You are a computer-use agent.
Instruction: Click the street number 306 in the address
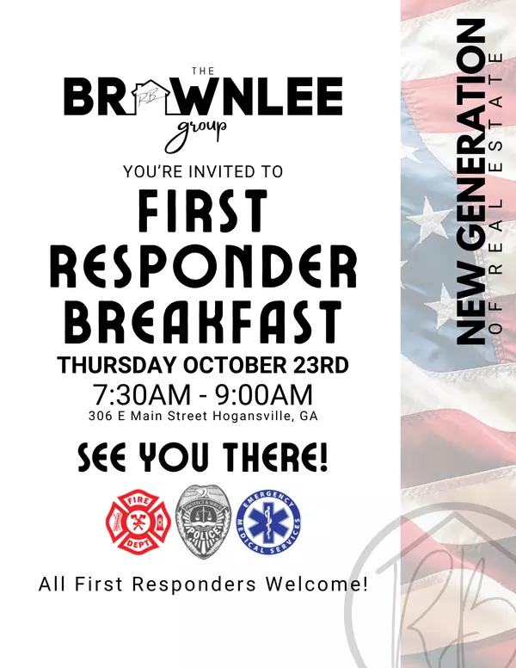click(x=101, y=417)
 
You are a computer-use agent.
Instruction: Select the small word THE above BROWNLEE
click(x=204, y=70)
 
